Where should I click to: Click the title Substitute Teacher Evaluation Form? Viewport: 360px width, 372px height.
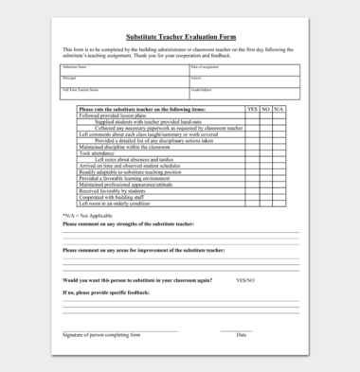[x=180, y=37]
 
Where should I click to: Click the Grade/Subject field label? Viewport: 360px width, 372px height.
[x=203, y=90]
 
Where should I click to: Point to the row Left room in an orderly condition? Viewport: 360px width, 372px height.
[x=114, y=204]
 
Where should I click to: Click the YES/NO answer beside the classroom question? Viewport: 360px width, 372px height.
[x=245, y=280]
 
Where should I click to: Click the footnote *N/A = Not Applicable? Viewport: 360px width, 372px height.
[x=88, y=216]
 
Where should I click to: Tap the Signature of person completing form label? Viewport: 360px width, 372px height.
[x=101, y=335]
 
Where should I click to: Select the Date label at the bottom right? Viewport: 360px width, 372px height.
[x=241, y=335]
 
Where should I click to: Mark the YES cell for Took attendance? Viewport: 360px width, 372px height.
[x=252, y=153]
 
